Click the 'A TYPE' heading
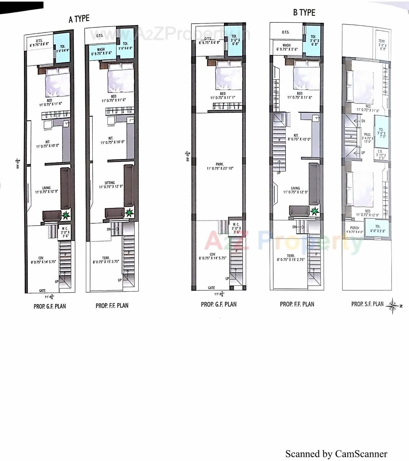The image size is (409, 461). pyautogui.click(x=79, y=19)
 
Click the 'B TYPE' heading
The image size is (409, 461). pyautogui.click(x=304, y=12)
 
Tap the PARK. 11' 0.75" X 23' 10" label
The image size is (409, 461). pyautogui.click(x=220, y=166)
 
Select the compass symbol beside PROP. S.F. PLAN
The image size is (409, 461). pyautogui.click(x=393, y=306)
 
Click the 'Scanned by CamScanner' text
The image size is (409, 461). pyautogui.click(x=336, y=454)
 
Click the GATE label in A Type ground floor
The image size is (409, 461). pyautogui.click(x=42, y=290)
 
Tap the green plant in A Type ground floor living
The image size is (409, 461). pyautogui.click(x=66, y=215)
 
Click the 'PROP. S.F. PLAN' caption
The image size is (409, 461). pyautogui.click(x=367, y=304)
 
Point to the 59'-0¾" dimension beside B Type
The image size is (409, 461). pyautogui.click(x=188, y=156)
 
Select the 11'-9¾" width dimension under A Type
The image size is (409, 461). pyautogui.click(x=49, y=297)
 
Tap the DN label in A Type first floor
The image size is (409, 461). pyautogui.click(x=109, y=229)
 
